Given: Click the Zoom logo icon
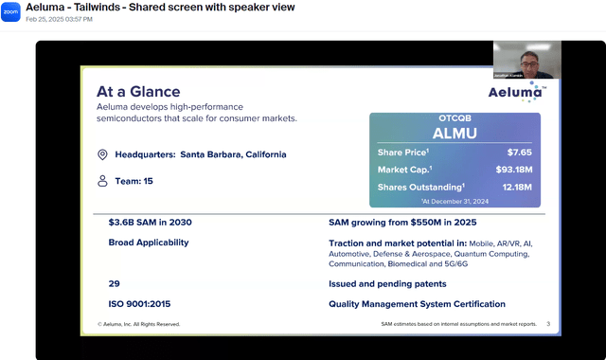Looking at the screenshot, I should point(10,12).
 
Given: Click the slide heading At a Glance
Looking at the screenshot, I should point(138,92).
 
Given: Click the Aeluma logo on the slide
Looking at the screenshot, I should point(515,92).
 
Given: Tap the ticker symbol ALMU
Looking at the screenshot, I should point(454,133).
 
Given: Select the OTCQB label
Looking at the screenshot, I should point(454,118).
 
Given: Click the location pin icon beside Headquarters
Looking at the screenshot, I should point(102,154).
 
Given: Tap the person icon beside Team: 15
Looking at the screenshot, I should point(102,180).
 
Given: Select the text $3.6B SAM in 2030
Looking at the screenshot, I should point(150,223).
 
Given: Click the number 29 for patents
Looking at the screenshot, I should point(114,283).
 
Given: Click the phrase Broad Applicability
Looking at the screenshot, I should point(149,243).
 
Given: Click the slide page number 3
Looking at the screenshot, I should point(547,324).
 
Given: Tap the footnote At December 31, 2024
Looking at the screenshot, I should point(456,201).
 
